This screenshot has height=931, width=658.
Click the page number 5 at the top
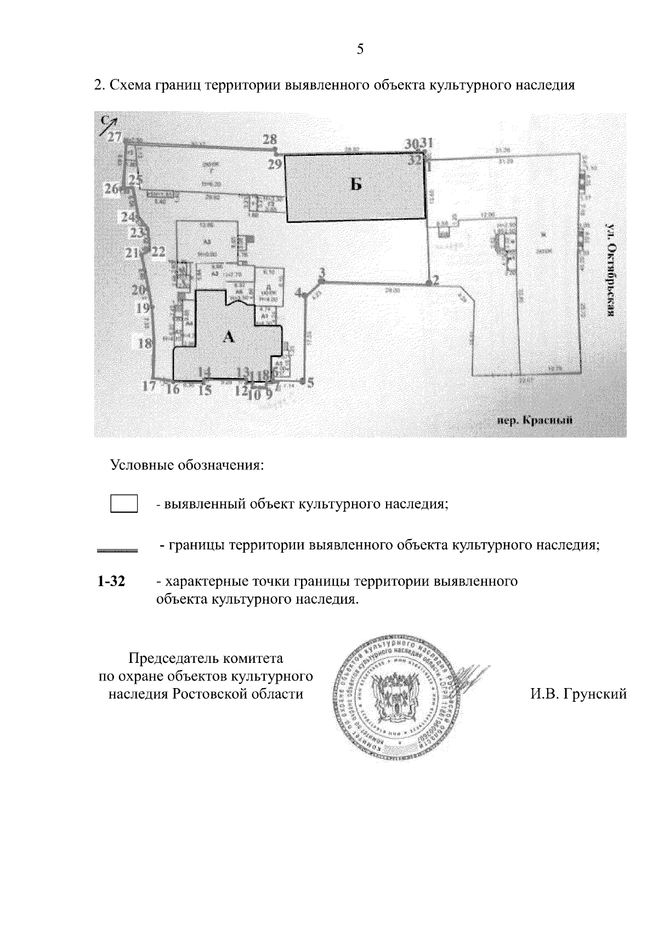[360, 49]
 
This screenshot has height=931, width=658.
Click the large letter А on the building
[229, 337]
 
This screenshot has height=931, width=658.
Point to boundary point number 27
[115, 137]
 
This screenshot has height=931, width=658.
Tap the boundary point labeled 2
[436, 280]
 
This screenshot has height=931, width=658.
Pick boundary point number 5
[310, 383]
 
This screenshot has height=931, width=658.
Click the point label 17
[149, 386]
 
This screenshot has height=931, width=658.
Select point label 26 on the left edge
[112, 189]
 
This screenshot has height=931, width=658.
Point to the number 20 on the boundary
[138, 289]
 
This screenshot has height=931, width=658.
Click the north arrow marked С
[106, 124]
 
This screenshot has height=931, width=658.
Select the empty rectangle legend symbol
[124, 503]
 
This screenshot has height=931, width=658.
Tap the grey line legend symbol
[117, 548]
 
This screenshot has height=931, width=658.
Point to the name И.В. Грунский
[578, 695]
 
